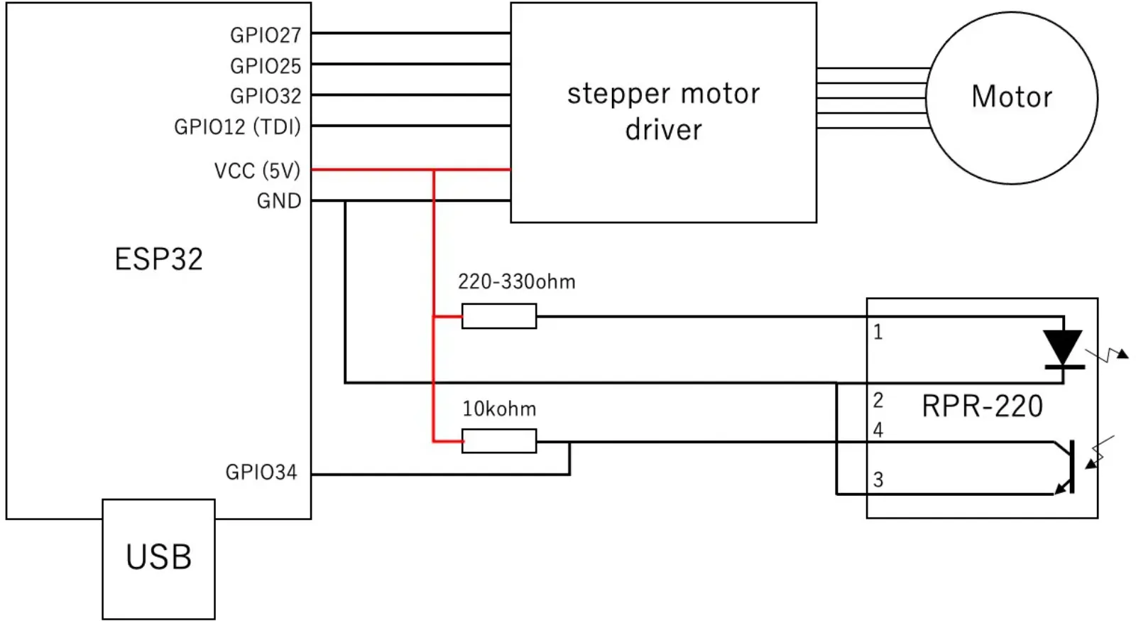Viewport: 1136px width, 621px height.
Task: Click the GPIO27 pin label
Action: coord(266,35)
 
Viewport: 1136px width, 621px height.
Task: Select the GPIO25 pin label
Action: coord(266,66)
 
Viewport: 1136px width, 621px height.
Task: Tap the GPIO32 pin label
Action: coord(266,96)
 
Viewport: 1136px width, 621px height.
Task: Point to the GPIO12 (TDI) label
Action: coord(237,126)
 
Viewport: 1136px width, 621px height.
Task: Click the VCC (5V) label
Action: coord(258,171)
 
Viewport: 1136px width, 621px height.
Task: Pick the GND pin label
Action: coord(279,201)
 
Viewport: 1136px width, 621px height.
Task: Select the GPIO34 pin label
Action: coord(261,472)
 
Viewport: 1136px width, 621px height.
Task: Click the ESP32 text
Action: coord(159,259)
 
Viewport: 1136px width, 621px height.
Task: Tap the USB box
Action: coord(159,559)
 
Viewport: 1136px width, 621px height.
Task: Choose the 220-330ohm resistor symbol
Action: coord(499,316)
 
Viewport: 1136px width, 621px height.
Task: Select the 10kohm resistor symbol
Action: coord(499,441)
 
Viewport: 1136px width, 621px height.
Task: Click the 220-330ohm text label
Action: coord(517,281)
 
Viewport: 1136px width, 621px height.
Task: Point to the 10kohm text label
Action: coord(499,409)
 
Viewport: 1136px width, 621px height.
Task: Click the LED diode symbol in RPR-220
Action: coord(1064,349)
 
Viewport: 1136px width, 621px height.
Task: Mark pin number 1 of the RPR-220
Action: coord(878,332)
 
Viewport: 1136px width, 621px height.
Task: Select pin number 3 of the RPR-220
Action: coord(878,480)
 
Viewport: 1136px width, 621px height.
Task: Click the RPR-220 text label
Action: coord(982,406)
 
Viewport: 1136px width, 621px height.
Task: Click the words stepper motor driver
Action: coord(663,112)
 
